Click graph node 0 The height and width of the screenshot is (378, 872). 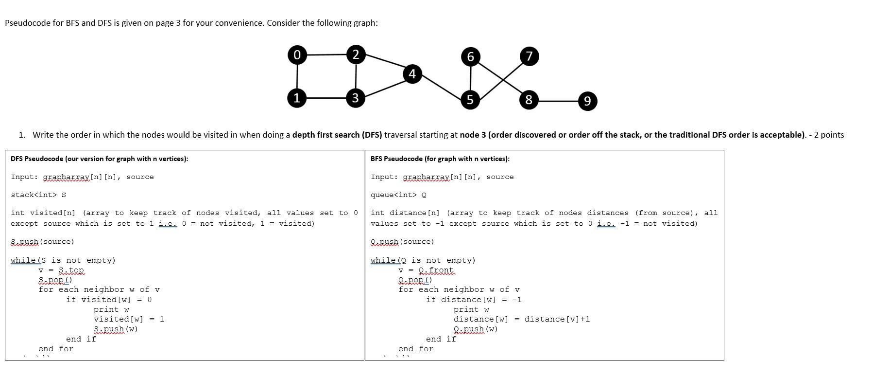coord(297,54)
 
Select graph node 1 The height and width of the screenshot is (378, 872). coord(297,98)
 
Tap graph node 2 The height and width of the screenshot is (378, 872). coord(356,54)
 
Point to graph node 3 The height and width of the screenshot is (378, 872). coord(356,98)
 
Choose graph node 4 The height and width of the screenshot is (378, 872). coord(412,74)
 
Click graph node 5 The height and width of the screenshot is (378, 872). coord(470,100)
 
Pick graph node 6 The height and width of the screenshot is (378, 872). coord(470,56)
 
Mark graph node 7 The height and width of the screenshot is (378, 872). coord(529,56)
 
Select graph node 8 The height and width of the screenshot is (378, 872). coord(529,100)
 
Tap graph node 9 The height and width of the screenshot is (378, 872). coord(587,101)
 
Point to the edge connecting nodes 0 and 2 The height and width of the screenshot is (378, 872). coord(326,54)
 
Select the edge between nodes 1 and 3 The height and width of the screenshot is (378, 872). coord(326,98)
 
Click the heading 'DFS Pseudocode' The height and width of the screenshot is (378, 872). coord(99,159)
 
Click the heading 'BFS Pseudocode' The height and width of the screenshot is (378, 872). coord(440,159)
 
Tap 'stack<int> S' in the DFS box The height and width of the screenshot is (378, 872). coord(38,195)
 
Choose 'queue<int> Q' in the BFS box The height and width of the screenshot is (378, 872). coord(398,195)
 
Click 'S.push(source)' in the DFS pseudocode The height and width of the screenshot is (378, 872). coord(42,242)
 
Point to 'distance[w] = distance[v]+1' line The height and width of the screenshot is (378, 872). coord(521,319)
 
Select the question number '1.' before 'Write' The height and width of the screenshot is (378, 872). coord(22,135)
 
